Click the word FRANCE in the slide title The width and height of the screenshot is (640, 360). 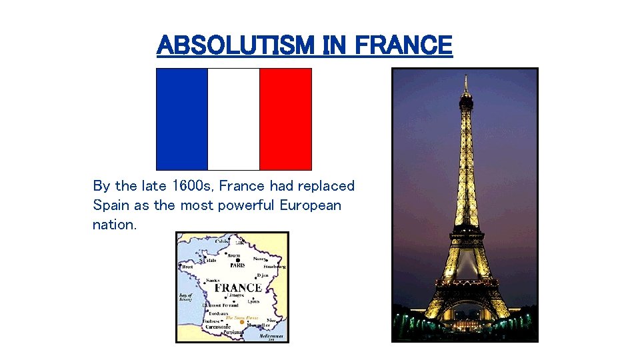point(403,45)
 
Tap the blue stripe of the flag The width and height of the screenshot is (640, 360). point(182,119)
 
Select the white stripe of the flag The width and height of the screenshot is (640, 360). point(233,119)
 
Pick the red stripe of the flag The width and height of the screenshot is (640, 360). point(285,119)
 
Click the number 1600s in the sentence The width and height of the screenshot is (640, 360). point(193,186)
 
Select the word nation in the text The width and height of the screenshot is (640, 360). point(114,225)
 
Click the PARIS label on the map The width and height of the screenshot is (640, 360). point(237,265)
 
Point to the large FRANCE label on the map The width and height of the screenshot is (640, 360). point(237,288)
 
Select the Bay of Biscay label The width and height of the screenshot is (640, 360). point(186,297)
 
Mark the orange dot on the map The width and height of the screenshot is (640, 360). point(242,322)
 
